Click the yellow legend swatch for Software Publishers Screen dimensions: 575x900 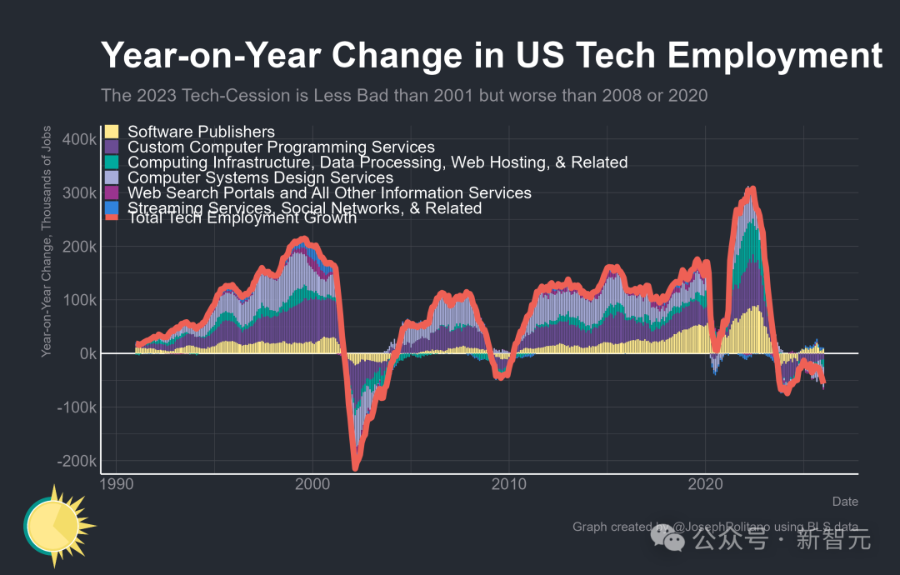point(112,132)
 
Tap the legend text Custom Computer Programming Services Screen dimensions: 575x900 point(281,147)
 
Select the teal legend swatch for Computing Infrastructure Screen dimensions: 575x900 point(112,162)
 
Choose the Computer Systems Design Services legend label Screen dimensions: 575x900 point(260,177)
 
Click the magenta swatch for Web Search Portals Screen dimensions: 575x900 point(112,193)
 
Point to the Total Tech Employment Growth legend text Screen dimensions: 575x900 point(242,218)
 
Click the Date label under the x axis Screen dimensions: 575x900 point(844,502)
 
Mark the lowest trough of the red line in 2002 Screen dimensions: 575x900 point(356,467)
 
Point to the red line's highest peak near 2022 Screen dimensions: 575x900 point(752,189)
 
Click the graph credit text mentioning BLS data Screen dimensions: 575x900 point(715,527)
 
